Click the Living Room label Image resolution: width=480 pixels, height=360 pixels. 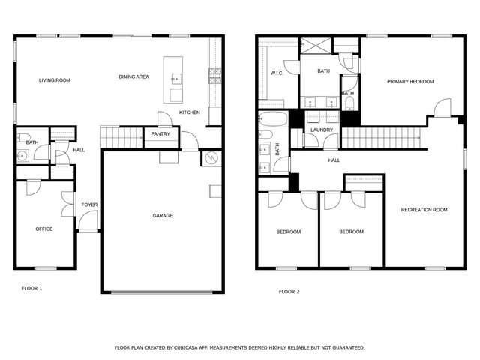55,79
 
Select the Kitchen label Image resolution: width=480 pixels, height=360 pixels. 189,112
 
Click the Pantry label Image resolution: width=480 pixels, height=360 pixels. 160,135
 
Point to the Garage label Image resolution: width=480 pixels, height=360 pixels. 163,216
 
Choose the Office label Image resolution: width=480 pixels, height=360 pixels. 44,229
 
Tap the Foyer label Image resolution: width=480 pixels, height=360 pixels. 89,204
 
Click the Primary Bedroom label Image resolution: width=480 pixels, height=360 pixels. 410,81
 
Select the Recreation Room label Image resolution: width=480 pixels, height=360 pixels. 424,210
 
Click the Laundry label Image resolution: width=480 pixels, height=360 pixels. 322,130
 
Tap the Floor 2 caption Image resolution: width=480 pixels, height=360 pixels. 289,291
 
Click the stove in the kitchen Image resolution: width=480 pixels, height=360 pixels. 215,73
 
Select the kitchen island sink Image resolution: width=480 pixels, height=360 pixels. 175,77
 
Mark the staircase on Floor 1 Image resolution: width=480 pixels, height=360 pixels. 121,137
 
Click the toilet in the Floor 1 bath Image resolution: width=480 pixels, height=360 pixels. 23,155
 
